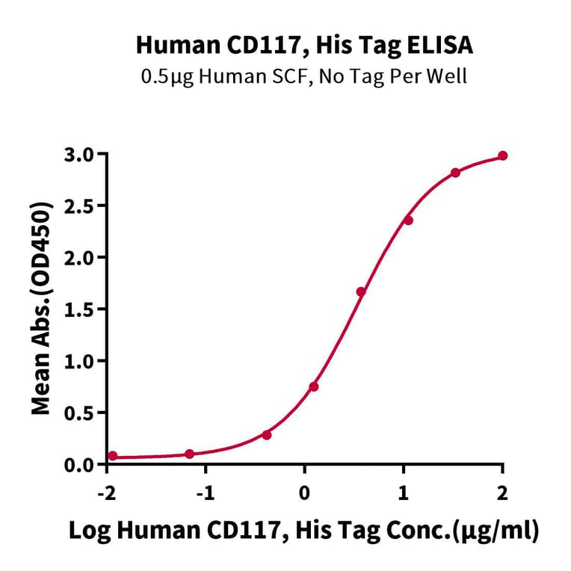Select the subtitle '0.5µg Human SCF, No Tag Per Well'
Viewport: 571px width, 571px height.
point(303,76)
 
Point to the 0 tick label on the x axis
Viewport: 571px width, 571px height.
point(304,494)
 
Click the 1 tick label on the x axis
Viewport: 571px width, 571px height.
point(404,494)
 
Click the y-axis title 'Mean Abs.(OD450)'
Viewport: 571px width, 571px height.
point(42,308)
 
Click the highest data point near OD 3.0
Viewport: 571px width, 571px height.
point(502,155)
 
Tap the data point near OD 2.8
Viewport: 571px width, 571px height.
point(455,173)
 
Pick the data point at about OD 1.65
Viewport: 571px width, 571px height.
point(361,291)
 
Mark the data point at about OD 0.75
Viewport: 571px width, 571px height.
point(314,386)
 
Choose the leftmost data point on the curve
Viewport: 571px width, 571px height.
point(113,456)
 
